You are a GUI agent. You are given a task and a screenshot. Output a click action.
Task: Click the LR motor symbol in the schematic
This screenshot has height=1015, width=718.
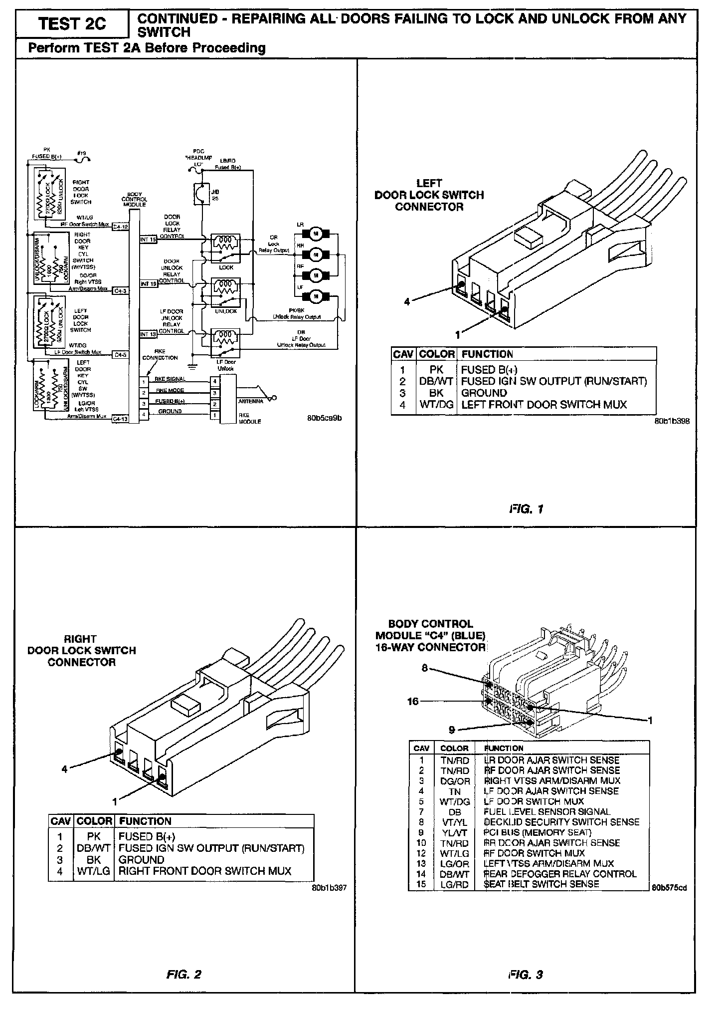pyautogui.click(x=315, y=233)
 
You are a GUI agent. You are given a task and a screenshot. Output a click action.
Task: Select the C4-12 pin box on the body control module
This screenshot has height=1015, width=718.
pyautogui.click(x=120, y=226)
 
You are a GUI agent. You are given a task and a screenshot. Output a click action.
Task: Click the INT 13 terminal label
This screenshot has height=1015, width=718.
pyautogui.click(x=148, y=334)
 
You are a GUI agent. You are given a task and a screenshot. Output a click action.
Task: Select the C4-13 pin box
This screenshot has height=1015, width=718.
pyautogui.click(x=120, y=419)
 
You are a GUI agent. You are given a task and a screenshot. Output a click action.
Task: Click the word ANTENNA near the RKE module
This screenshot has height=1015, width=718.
pyautogui.click(x=251, y=401)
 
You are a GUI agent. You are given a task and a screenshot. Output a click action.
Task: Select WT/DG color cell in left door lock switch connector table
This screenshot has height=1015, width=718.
pyautogui.click(x=436, y=405)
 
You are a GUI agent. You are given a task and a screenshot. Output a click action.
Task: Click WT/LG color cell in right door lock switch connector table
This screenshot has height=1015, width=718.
pyautogui.click(x=94, y=871)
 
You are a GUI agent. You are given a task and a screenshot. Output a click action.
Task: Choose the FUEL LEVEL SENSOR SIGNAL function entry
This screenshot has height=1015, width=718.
pyautogui.click(x=547, y=812)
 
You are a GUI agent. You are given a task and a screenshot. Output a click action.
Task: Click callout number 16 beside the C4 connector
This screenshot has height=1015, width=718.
pyautogui.click(x=413, y=701)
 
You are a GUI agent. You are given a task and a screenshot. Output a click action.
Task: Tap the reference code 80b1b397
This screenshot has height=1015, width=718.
pyautogui.click(x=329, y=888)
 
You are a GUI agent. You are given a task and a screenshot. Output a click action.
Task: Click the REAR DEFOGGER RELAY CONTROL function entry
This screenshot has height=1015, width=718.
pyautogui.click(x=560, y=874)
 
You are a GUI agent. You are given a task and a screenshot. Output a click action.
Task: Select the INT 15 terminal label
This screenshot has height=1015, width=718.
pyautogui.click(x=148, y=240)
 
